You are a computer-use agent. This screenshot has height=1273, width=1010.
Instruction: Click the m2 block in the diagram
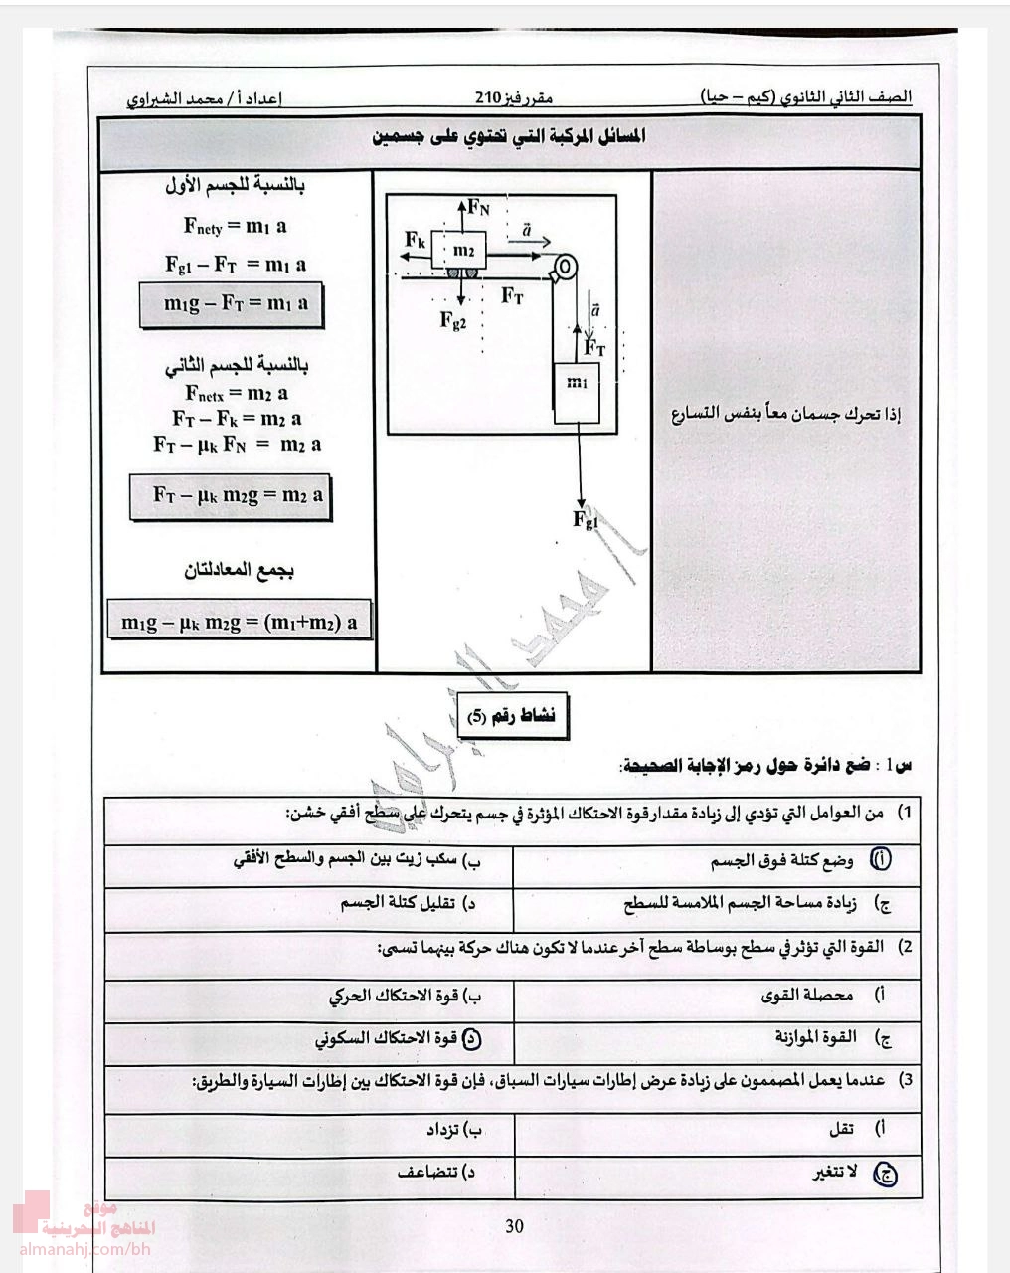[x=463, y=250]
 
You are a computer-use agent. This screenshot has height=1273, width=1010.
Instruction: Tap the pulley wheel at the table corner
[x=564, y=267]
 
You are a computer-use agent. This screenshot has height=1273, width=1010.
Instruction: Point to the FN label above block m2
[x=479, y=207]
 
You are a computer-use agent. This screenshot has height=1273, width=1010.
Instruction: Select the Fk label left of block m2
[x=416, y=240]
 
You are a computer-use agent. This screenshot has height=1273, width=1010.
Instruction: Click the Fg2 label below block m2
[x=452, y=320]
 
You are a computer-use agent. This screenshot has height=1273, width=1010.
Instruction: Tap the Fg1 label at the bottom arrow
[x=587, y=519]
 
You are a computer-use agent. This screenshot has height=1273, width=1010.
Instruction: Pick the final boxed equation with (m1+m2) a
[x=239, y=623]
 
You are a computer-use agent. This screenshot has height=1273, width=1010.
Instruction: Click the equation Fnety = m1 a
[x=236, y=226]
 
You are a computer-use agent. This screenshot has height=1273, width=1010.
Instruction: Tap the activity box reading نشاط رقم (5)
[x=512, y=716]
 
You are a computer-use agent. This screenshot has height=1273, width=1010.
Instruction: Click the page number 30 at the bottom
[x=514, y=1226]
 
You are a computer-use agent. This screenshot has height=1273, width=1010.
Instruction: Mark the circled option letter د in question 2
[x=473, y=1038]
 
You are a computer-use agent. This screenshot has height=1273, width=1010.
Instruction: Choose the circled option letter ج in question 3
[x=884, y=1174]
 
